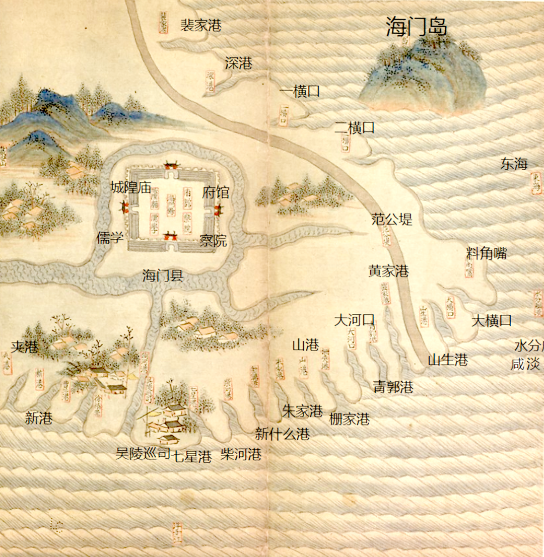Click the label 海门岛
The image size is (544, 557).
(417, 26)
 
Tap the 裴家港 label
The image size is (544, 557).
(200, 25)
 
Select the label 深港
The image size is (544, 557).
(238, 63)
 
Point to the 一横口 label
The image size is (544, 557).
(300, 92)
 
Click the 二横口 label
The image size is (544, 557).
(355, 128)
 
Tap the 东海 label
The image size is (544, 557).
(514, 163)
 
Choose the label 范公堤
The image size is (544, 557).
(392, 219)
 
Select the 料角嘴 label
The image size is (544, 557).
(486, 254)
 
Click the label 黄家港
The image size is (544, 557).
(388, 271)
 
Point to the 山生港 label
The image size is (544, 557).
(448, 360)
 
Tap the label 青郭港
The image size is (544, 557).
(393, 387)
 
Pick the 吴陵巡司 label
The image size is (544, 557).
(143, 454)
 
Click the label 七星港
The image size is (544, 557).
(192, 457)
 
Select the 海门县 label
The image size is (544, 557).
(162, 275)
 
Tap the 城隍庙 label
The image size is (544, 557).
(131, 188)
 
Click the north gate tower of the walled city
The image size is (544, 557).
(170, 165)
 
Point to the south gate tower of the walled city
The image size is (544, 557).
(171, 235)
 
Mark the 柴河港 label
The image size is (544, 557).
(241, 455)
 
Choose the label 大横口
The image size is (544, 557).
(492, 320)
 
